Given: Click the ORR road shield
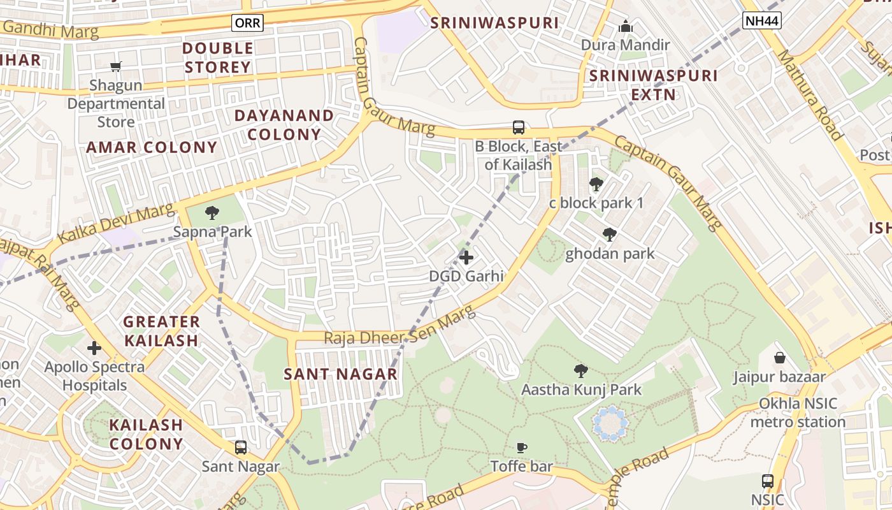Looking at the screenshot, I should [x=247, y=23].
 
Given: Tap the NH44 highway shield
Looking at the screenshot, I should [x=762, y=21].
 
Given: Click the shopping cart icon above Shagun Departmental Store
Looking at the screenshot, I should [x=116, y=66].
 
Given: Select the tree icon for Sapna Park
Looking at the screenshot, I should [x=212, y=213].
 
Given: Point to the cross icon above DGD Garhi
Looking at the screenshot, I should [x=466, y=257].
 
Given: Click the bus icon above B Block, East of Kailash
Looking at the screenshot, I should [x=519, y=127].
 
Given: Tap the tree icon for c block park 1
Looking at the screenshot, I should [x=596, y=184].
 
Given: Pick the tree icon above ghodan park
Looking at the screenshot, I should [x=610, y=235].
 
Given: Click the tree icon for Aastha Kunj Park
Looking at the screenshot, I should [x=580, y=370].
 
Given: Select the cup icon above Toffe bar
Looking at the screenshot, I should [x=522, y=448].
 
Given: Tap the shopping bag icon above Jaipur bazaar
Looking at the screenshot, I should [x=779, y=358].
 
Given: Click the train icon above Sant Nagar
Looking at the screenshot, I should [x=241, y=448].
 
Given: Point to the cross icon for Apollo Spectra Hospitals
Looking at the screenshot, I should [x=94, y=348].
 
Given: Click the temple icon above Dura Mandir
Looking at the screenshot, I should [x=626, y=27].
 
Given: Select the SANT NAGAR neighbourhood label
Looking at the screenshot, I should [x=341, y=374].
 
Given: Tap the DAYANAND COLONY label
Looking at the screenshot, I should [x=284, y=125].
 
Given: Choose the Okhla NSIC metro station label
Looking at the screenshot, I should [x=798, y=413].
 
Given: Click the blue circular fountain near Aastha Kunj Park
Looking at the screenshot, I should [x=610, y=423].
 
